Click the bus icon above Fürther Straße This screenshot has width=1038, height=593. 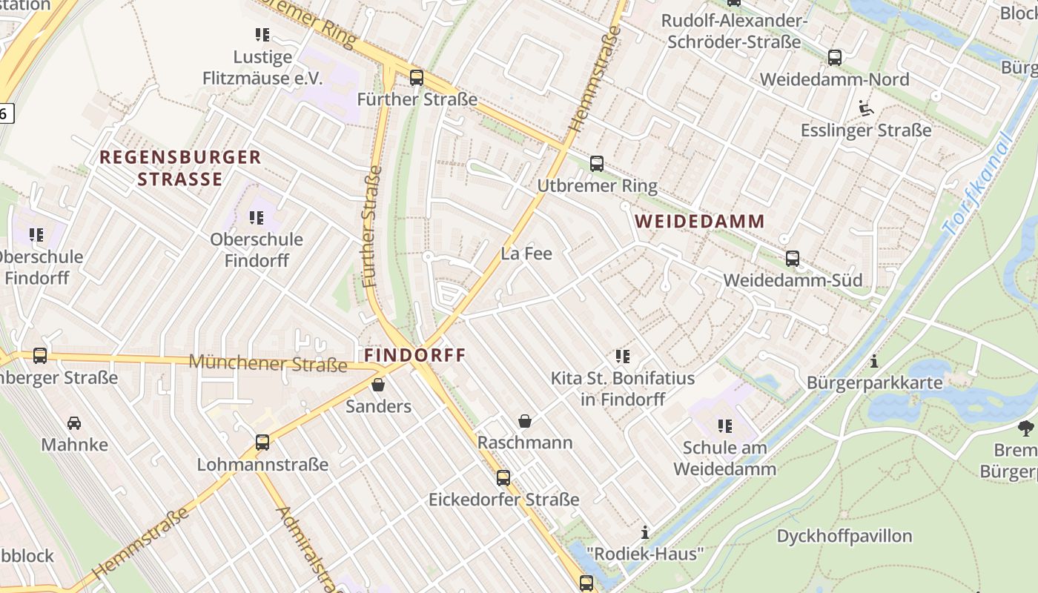pos(417,77)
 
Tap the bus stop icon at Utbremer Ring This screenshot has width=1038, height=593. pos(597,164)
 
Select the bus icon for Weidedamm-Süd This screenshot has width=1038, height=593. pos(793,259)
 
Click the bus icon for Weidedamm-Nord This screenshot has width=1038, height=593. pos(835,57)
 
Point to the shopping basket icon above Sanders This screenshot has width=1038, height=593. pos(378,385)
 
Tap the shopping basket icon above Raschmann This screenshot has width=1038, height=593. pos(525,421)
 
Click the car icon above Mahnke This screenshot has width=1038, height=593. pos(74,423)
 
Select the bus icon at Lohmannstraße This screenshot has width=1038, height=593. pos(262,443)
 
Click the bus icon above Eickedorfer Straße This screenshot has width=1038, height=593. pos(503,478)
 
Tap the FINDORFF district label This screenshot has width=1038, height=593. pos(415,355)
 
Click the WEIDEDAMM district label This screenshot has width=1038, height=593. pos(700,221)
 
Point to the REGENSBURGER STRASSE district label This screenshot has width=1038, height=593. pos(180,168)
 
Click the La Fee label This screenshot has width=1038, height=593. pos(526,254)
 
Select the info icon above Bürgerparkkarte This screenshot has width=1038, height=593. pos(875,362)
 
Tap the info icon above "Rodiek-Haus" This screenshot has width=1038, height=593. pos(645,532)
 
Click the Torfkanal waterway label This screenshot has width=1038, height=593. pos(977,185)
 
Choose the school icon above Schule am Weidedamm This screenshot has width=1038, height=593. pos(725,426)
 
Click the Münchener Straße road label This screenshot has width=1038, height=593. pos(268,362)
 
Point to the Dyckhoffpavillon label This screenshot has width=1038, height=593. pos(844,536)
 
